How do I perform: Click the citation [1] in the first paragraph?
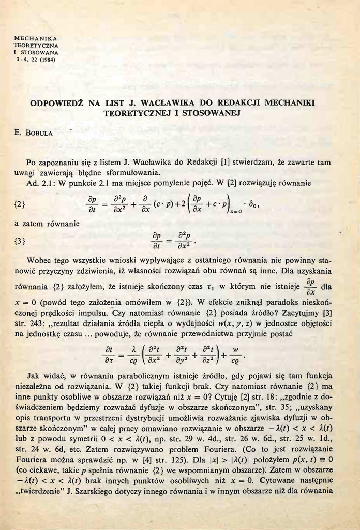[224, 163]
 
